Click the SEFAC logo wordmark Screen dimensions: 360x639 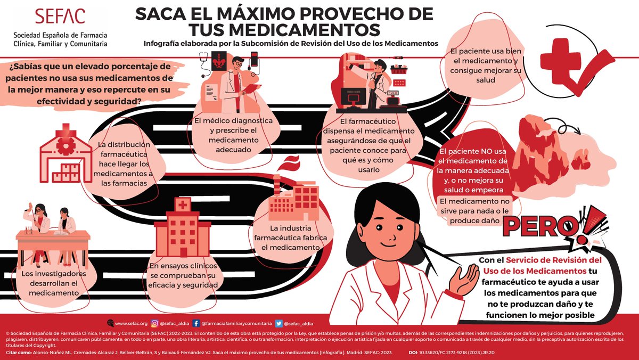click(60, 16)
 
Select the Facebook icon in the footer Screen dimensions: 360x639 click(196, 323)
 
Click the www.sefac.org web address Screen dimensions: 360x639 click(131, 323)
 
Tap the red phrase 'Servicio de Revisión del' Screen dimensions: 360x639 click(554, 260)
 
